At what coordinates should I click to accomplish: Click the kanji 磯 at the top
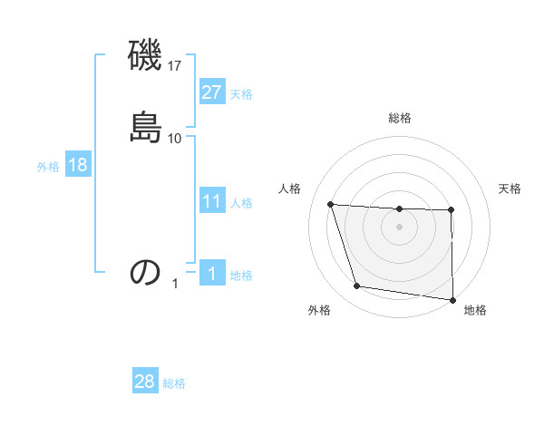(x=145, y=57)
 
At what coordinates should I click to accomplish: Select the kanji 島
(x=145, y=126)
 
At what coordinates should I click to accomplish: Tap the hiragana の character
(x=145, y=272)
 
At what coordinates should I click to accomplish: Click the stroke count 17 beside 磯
(x=175, y=66)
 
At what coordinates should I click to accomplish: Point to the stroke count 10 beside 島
(x=175, y=138)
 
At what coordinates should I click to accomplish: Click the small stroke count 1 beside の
(x=176, y=284)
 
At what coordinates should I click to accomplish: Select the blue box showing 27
(x=211, y=92)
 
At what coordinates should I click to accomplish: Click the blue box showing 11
(x=211, y=201)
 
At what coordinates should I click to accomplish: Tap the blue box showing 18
(x=77, y=165)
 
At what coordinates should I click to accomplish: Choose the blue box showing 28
(x=144, y=382)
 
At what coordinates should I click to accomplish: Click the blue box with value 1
(x=211, y=274)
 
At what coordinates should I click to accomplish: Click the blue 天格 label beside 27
(x=241, y=94)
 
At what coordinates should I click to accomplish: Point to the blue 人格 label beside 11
(x=241, y=203)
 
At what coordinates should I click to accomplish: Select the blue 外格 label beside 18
(x=48, y=167)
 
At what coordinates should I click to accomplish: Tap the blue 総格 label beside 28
(x=174, y=383)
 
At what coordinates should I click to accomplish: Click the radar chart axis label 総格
(x=400, y=118)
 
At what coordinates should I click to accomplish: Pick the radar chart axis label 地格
(x=475, y=311)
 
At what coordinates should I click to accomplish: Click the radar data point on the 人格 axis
(x=331, y=205)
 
